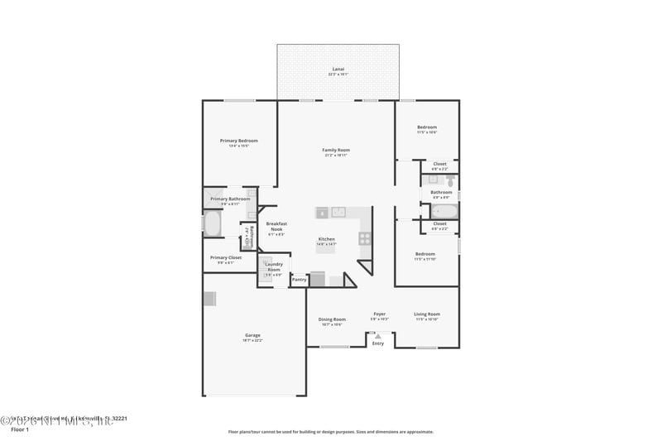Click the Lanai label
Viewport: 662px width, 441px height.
[338, 69]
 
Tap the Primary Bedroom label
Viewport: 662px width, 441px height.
[239, 141]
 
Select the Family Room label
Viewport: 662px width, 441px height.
[336, 150]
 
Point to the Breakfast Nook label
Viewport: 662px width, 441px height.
[276, 226]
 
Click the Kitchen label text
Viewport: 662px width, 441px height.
[327, 239]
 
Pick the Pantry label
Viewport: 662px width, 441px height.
[299, 280]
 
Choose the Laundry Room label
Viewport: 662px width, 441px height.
[273, 266]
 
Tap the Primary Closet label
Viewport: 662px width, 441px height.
[226, 257]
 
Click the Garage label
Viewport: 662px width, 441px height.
[252, 335]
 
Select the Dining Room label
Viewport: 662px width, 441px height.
[332, 319]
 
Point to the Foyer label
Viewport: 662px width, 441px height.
[380, 314]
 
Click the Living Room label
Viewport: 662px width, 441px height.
[427, 314]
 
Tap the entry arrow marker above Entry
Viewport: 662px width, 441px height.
[377, 337]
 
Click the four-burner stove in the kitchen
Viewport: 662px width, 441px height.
[364, 238]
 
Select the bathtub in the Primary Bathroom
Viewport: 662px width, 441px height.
[213, 224]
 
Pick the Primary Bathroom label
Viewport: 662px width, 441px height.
[230, 199]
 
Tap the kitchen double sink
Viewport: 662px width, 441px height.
[338, 212]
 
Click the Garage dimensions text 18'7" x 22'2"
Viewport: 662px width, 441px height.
[252, 340]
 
